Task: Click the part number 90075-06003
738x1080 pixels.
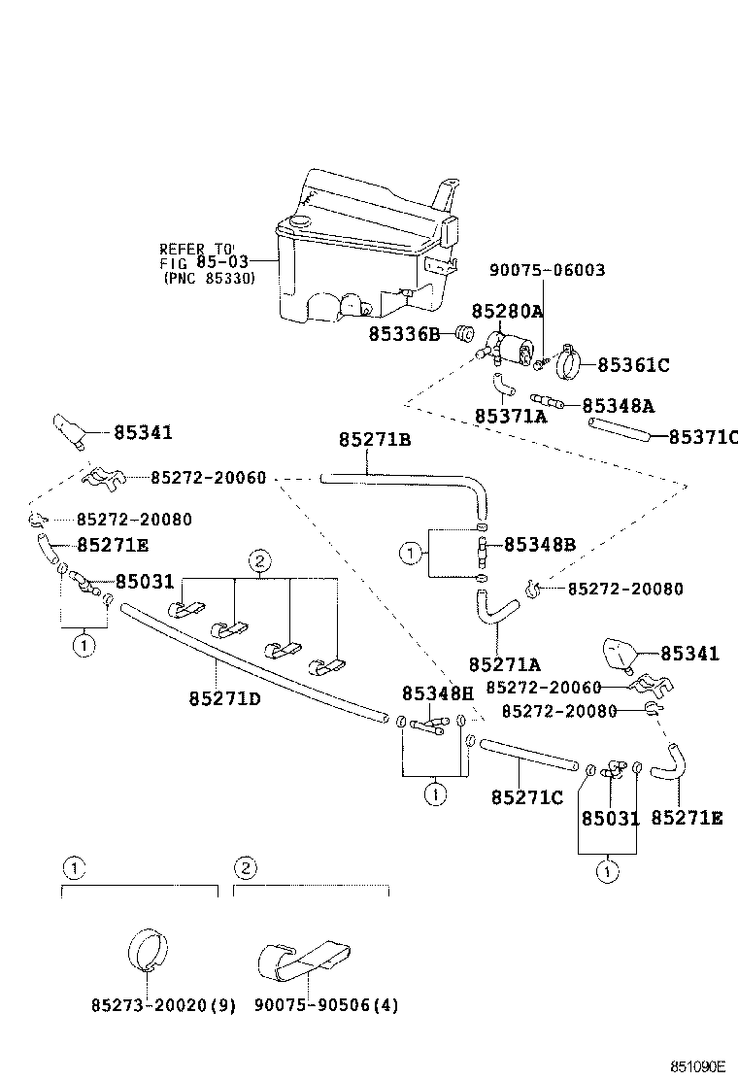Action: pyautogui.click(x=547, y=270)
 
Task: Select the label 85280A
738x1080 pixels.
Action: pyautogui.click(x=507, y=311)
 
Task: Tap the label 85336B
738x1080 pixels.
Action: pyautogui.click(x=404, y=334)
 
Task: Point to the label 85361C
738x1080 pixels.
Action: pyautogui.click(x=633, y=365)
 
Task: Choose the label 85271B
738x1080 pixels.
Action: pyautogui.click(x=375, y=440)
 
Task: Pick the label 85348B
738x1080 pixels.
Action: pyautogui.click(x=539, y=545)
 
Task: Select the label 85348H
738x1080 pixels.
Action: pyautogui.click(x=438, y=692)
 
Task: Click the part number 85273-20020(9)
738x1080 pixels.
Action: pyautogui.click(x=150, y=1005)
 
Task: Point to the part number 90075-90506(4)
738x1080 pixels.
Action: pyautogui.click(x=317, y=1005)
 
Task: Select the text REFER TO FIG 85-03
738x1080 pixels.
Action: pyautogui.click(x=205, y=262)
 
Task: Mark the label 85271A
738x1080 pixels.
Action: pyautogui.click(x=504, y=664)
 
